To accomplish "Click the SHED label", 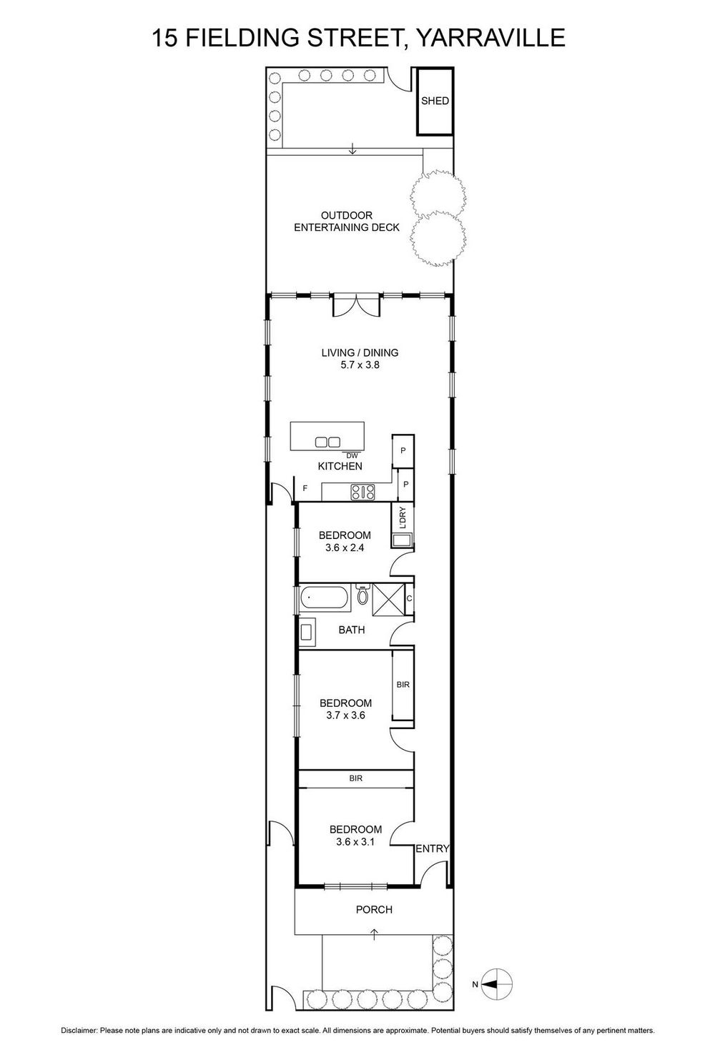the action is click(435, 101).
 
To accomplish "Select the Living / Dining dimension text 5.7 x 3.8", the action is click(360, 365).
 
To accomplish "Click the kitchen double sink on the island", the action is click(327, 442).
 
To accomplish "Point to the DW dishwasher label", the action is click(352, 455).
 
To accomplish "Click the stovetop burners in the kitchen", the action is click(363, 492).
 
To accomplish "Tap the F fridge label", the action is click(305, 488).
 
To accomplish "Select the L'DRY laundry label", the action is click(403, 517).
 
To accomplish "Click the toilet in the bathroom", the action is click(363, 595).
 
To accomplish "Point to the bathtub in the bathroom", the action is click(325, 598).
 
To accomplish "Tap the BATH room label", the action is click(352, 630).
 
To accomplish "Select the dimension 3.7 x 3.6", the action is click(345, 715).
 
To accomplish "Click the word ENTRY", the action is click(433, 848).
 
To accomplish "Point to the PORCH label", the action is click(374, 909).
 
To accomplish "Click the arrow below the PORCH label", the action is click(375, 933).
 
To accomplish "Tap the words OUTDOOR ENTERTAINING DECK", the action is click(347, 222).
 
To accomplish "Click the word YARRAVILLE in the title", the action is click(490, 37).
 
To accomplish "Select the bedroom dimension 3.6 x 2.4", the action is click(345, 548).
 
